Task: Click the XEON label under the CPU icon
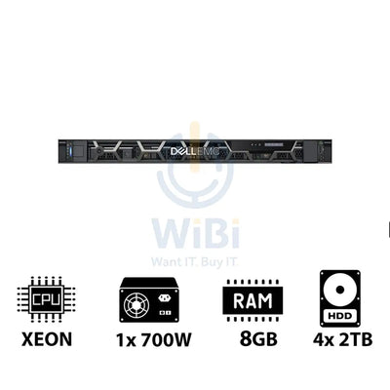[47, 339]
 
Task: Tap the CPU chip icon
[46, 299]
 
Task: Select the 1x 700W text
[154, 339]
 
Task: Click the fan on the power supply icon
[137, 305]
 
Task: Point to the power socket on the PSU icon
[165, 298]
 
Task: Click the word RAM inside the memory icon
[253, 300]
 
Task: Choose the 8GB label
[258, 339]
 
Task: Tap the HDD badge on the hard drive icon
[340, 316]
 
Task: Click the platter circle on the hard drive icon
[340, 290]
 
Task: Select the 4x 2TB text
[342, 339]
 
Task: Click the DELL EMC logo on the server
[195, 151]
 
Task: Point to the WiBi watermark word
[196, 234]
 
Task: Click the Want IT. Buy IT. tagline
[195, 261]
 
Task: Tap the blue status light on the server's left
[68, 151]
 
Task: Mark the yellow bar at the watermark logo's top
[195, 146]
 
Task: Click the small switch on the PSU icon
[165, 313]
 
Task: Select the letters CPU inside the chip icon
[46, 299]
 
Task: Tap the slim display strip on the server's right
[274, 145]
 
